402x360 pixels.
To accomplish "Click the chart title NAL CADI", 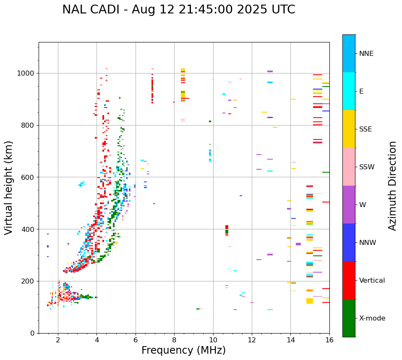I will pyautogui.click(x=178, y=10).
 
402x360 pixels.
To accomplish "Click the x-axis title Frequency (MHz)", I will pyautogui.click(x=183, y=350).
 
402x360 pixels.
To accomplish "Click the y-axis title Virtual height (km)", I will pyautogui.click(x=9, y=188).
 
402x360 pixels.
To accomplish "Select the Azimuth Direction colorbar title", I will pyautogui.click(x=392, y=186).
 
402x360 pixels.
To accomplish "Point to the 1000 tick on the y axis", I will pyautogui.click(x=28, y=73).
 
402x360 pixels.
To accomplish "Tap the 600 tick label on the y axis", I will pyautogui.click(x=29, y=177).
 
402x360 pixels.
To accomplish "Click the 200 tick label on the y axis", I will pyautogui.click(x=29, y=281).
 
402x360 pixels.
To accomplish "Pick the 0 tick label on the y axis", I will pyautogui.click(x=33, y=333).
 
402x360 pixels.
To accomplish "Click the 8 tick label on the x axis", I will pyautogui.click(x=174, y=340).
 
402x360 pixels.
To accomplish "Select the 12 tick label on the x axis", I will pyautogui.click(x=252, y=340).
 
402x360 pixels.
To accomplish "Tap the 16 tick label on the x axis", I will pyautogui.click(x=329, y=340).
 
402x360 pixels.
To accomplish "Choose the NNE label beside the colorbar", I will pyautogui.click(x=366, y=54).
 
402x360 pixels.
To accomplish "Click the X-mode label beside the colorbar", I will pyautogui.click(x=372, y=318).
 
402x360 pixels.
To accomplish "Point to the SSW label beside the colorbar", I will pyautogui.click(x=367, y=167).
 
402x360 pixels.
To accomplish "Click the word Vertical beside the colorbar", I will pyautogui.click(x=372, y=281).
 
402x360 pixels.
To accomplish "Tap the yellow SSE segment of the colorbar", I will pyautogui.click(x=349, y=129).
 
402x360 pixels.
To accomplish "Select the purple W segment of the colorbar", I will pyautogui.click(x=349, y=205).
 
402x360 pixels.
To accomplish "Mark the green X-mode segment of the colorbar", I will pyautogui.click(x=349, y=318).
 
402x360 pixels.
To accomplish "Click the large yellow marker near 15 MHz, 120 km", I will pyautogui.click(x=310, y=301).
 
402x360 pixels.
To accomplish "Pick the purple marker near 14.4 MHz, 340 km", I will pyautogui.click(x=298, y=244).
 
